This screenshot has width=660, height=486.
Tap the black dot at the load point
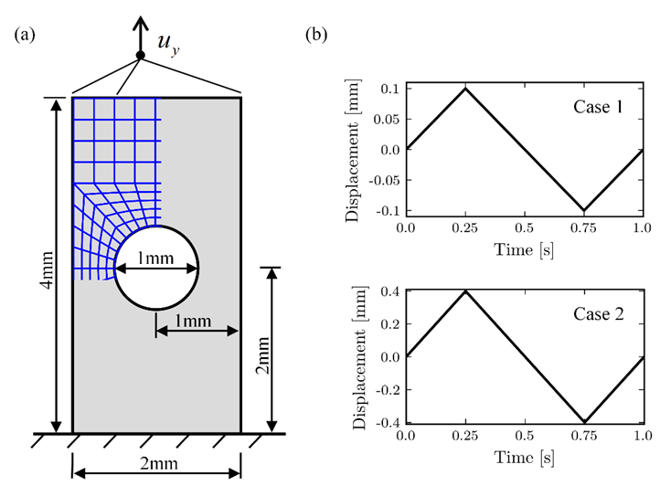[140, 56]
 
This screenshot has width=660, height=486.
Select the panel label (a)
[25, 34]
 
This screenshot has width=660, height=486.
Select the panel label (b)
[317, 34]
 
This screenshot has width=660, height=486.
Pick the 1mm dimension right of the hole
[195, 320]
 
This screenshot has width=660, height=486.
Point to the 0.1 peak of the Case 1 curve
[465, 89]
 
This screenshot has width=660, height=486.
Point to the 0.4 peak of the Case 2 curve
[465, 291]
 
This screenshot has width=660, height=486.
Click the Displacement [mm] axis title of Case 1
[353, 149]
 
